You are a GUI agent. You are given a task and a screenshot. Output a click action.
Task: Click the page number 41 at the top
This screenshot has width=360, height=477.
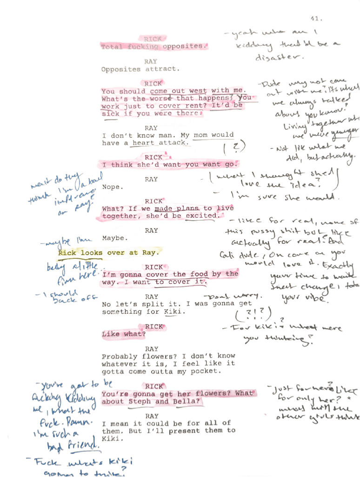(317, 19)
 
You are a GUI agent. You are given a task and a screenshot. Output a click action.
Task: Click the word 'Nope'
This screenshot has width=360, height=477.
(112, 187)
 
